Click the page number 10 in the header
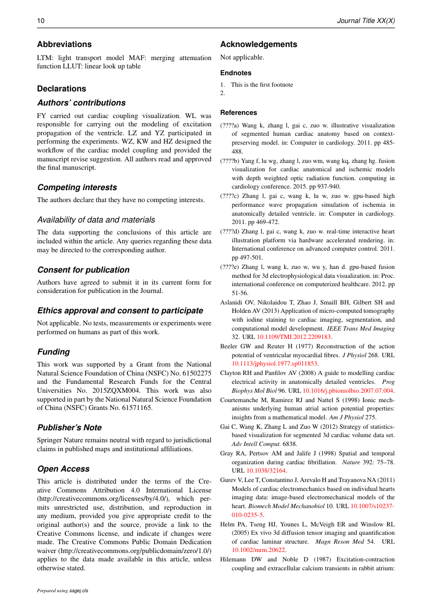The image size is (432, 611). (x=41, y=21)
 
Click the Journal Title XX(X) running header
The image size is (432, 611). (x=366, y=21)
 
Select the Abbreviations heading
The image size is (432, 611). (x=64, y=44)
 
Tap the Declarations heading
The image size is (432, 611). (x=62, y=89)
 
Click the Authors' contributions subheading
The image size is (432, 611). (x=81, y=103)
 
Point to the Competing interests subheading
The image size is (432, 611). (x=77, y=187)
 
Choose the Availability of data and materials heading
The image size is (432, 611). (x=96, y=220)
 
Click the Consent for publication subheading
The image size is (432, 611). (x=83, y=270)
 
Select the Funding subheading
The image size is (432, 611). (x=53, y=352)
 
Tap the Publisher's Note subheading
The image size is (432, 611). (x=69, y=428)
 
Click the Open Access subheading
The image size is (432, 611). (x=63, y=469)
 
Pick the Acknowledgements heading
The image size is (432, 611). (x=259, y=44)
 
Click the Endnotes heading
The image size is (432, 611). (x=236, y=73)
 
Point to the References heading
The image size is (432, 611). (x=239, y=113)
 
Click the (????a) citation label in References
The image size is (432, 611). (x=230, y=125)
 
